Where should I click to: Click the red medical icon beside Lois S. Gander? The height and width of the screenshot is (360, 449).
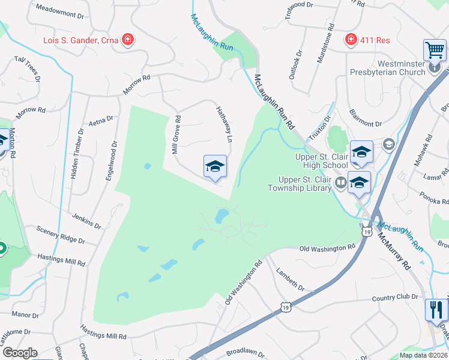click(127, 40)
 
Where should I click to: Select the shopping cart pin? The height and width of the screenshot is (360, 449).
click(434, 50)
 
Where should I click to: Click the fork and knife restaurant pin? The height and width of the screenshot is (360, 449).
click(436, 310)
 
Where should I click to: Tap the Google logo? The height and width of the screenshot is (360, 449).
click(19, 353)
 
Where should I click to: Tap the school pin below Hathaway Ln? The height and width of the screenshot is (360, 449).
click(215, 166)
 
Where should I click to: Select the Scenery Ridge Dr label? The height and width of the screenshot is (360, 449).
click(60, 235)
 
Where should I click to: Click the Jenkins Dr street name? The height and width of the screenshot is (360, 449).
click(86, 220)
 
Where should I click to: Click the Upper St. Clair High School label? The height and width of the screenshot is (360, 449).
click(322, 161)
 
